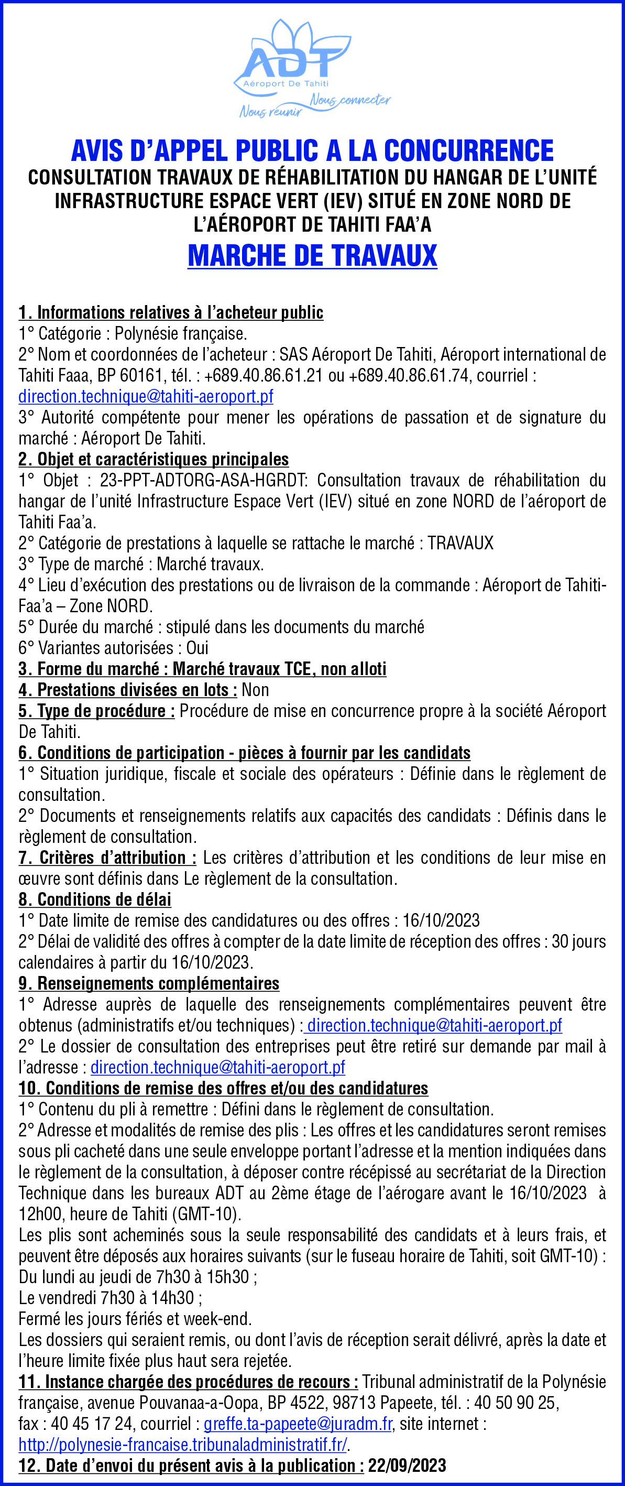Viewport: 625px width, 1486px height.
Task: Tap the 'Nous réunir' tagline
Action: [x=270, y=111]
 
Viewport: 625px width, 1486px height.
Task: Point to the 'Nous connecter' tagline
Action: [x=350, y=100]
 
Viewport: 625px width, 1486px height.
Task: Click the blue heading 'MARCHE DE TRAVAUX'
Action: [x=312, y=256]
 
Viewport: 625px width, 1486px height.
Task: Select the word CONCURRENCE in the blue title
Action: [x=469, y=151]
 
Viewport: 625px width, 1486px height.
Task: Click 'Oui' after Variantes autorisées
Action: [x=197, y=648]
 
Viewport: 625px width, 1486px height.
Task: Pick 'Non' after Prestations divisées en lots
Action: [x=256, y=690]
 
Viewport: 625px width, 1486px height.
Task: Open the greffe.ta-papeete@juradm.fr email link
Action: [x=298, y=1424]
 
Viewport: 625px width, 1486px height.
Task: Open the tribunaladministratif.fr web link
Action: [x=183, y=1445]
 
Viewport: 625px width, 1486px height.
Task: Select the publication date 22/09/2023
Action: [x=407, y=1466]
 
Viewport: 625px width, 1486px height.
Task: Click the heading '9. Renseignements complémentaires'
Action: [x=149, y=983]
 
